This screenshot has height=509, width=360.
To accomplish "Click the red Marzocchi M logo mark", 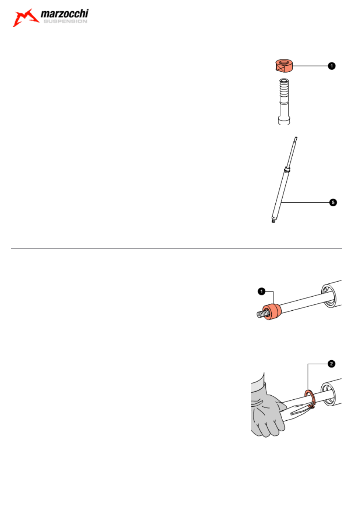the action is pos(25,18).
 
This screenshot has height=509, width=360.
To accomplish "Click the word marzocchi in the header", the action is pos(65,14).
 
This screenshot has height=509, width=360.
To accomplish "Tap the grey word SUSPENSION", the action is pos(65,21).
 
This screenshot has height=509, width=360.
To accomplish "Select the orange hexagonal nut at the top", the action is pos(284,66).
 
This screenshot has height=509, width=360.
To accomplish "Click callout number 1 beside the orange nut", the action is pos(332,66).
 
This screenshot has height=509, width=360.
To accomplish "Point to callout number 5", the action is pos(333,202).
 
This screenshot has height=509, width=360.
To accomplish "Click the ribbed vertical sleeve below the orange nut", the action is pos(284,101).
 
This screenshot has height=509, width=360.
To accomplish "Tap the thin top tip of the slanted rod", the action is pos(296,137).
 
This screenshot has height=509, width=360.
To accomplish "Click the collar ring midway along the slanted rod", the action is pos(287,170).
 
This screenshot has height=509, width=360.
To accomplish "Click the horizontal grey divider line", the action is pos(176,249).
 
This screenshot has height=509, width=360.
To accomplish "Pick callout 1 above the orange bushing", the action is pos(262,291).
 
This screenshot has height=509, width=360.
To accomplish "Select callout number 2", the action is pos(331,364).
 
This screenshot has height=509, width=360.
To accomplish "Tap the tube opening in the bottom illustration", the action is pos(328,395).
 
